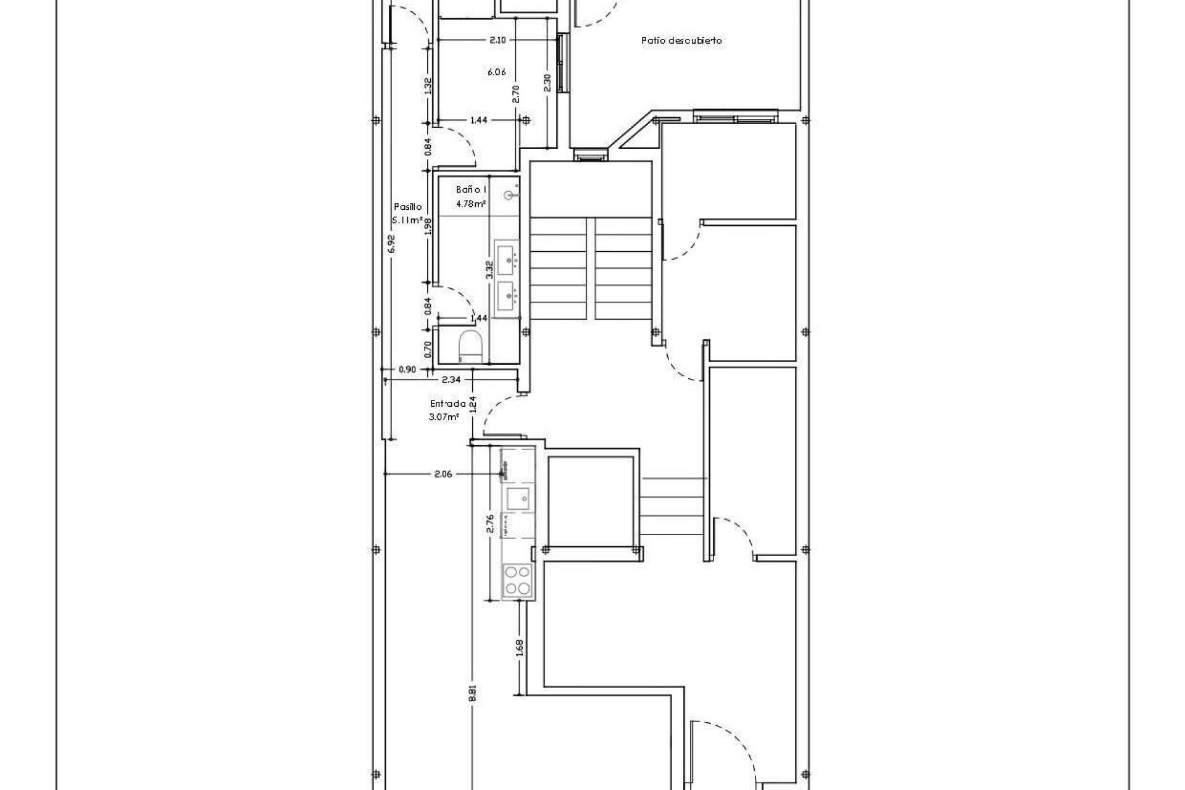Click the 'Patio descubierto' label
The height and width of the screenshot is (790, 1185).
pos(681,41)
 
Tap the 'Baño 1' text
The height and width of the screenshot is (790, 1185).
pos(472,189)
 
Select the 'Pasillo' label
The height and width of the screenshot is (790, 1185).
pos(408,207)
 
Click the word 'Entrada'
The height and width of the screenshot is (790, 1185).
pos(448,404)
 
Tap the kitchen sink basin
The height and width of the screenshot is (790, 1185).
pos(517,496)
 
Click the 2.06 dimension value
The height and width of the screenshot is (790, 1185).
pos(443,474)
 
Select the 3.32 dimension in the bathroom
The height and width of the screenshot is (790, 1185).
pos(489,270)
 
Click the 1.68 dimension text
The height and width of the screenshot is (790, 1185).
pos(519,646)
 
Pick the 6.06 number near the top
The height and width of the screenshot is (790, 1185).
pos(497,72)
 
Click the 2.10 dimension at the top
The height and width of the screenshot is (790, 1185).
pos(497,40)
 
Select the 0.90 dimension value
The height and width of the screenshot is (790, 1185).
pos(407,370)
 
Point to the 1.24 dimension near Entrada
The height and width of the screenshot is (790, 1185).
pos(473,404)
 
